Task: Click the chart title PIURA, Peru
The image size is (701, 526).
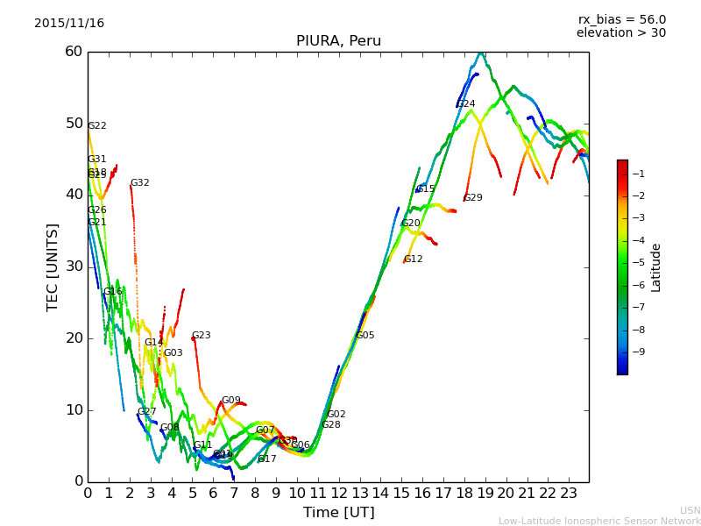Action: click(338, 41)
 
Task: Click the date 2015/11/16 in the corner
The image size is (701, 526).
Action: click(69, 24)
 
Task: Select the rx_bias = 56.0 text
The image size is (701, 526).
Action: click(621, 20)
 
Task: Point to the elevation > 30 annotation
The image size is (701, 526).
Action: click(620, 33)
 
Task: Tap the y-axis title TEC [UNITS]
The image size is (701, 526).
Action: click(53, 267)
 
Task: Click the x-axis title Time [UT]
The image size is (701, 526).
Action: click(338, 513)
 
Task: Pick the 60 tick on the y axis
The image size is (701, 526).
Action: click(73, 52)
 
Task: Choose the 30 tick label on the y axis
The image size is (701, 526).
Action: click(73, 267)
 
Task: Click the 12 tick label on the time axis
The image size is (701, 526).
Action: click(339, 494)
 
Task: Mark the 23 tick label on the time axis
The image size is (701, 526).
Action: click(569, 494)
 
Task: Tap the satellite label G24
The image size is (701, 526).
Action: click(466, 104)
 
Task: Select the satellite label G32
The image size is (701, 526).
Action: click(140, 183)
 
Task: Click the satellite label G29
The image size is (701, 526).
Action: click(473, 198)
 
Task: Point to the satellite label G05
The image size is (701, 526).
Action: click(365, 336)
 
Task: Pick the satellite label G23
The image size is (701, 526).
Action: click(202, 336)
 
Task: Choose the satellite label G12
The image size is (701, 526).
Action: click(414, 259)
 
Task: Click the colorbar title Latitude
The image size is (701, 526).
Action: click(656, 267)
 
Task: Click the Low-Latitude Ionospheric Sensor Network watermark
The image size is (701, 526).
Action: click(599, 522)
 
